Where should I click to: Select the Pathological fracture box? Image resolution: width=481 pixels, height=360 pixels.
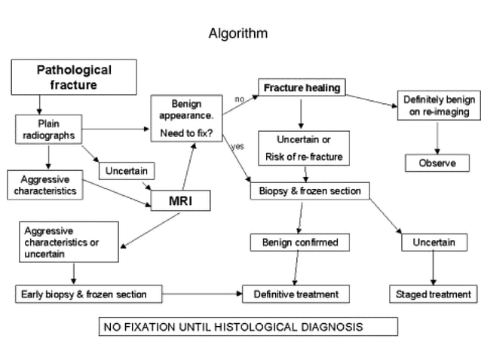[x=74, y=77]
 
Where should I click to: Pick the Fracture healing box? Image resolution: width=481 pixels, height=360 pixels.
[x=302, y=88]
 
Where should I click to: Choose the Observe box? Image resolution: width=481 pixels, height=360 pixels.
[x=437, y=163]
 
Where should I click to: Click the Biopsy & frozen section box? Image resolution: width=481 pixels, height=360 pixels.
[x=310, y=191]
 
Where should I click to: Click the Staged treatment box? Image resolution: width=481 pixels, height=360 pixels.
[x=433, y=294]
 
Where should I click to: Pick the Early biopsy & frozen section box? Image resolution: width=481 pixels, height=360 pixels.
[x=81, y=294]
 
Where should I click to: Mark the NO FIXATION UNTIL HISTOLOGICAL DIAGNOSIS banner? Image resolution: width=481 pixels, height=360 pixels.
[x=248, y=327]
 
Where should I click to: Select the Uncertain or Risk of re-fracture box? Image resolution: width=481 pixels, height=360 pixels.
[x=303, y=148]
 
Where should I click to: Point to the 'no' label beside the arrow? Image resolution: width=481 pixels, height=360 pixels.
[x=239, y=99]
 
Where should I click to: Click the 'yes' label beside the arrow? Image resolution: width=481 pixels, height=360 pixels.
[x=237, y=145]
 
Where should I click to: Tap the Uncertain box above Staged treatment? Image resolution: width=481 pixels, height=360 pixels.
[x=434, y=243]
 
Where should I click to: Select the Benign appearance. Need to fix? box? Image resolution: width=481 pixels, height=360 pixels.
[x=188, y=119]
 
